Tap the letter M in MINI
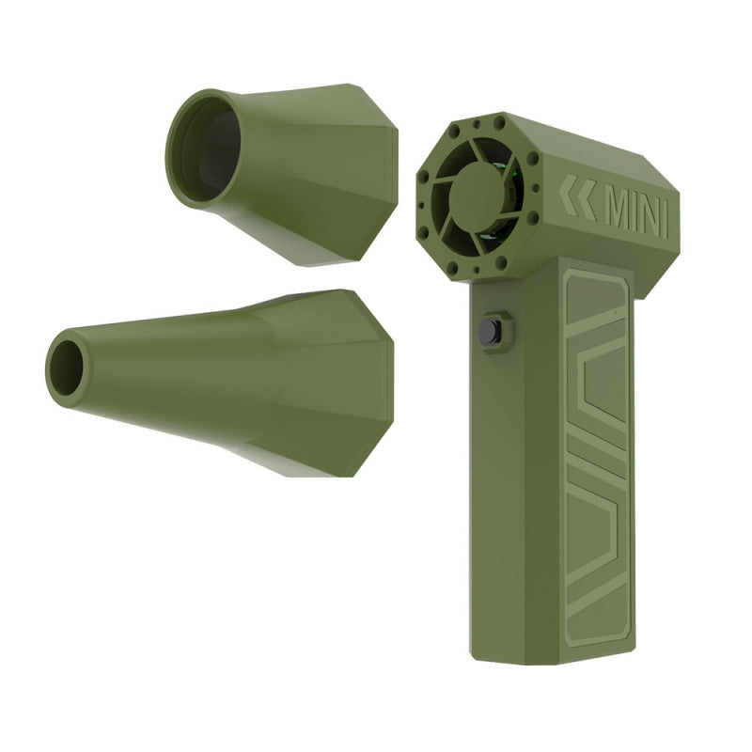[619, 214]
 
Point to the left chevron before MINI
[569, 196]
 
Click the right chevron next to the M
[587, 199]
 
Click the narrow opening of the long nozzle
[65, 364]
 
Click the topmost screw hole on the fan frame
[479, 123]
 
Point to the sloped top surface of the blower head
[573, 141]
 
